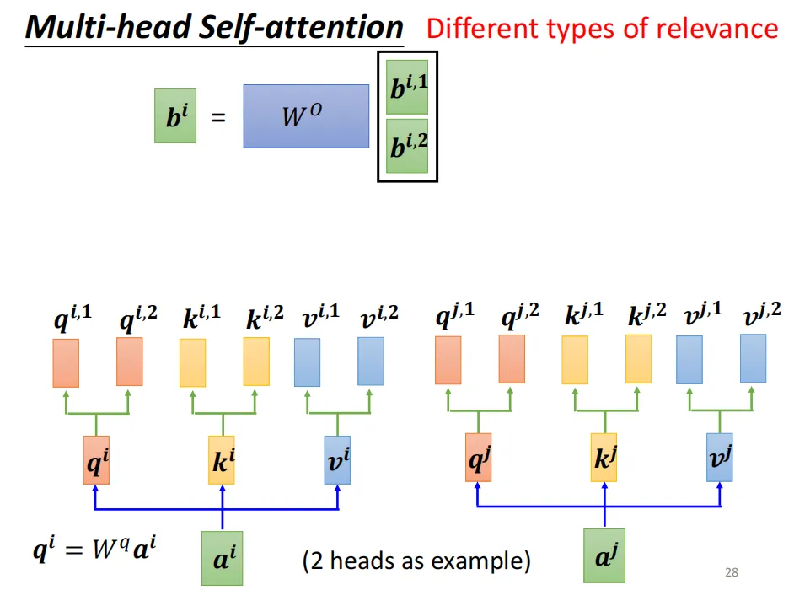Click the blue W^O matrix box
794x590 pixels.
pos(306,116)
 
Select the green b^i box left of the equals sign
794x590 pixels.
pos(175,116)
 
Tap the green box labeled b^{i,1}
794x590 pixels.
pos(408,87)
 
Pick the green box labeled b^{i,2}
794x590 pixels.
pos(408,146)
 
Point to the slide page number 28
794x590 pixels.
pos(731,573)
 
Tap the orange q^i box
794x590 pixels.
pos(96,460)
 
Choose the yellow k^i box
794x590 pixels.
pos(222,460)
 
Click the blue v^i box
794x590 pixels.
pos(337,460)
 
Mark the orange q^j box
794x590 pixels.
pos(478,458)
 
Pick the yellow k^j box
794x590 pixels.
pos(604,458)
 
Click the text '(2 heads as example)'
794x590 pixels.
pos(416,560)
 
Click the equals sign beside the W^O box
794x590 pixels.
pos(218,119)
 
